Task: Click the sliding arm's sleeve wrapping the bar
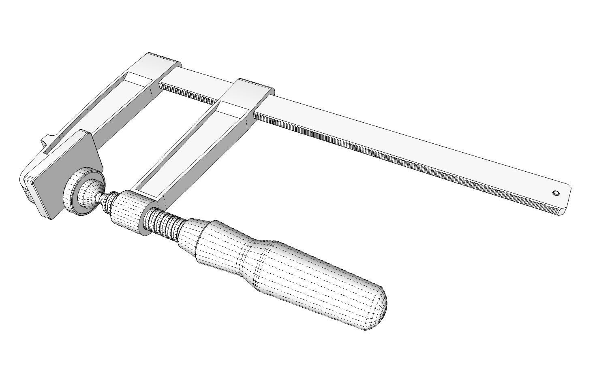tap(253, 93)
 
